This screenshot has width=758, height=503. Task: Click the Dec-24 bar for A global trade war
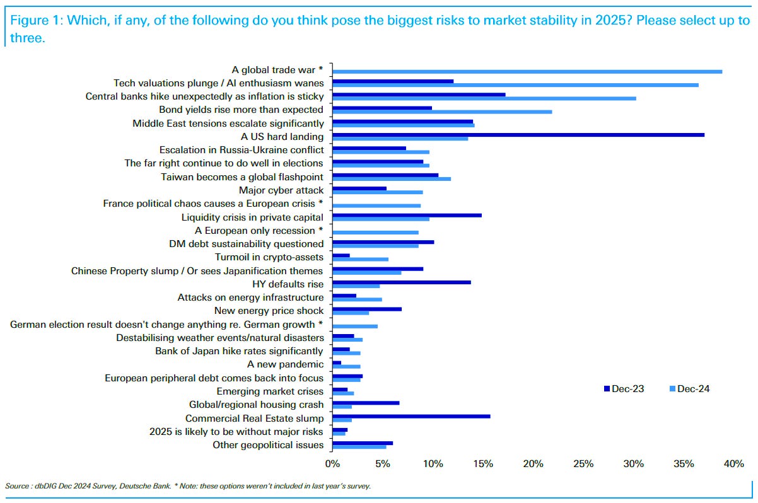coord(527,71)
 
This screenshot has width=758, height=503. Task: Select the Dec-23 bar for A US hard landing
coord(518,134)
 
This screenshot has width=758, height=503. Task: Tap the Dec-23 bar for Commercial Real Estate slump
coord(411,416)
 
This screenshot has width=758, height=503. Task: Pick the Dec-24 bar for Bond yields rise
coord(441,112)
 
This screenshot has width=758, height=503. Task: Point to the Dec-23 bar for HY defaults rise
coord(401,282)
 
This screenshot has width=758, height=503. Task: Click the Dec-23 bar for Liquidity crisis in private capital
coord(407,215)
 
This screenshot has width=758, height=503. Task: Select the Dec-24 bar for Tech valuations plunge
coord(515,84)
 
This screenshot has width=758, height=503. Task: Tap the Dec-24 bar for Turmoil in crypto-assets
coord(360,259)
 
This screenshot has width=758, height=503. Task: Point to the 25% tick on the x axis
coord(583,465)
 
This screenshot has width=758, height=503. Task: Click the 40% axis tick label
coord(734,465)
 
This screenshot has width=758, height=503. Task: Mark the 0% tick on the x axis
coord(332,465)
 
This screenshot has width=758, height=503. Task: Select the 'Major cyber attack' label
coord(281,190)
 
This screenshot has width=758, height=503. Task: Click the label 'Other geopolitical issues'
coord(268,445)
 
